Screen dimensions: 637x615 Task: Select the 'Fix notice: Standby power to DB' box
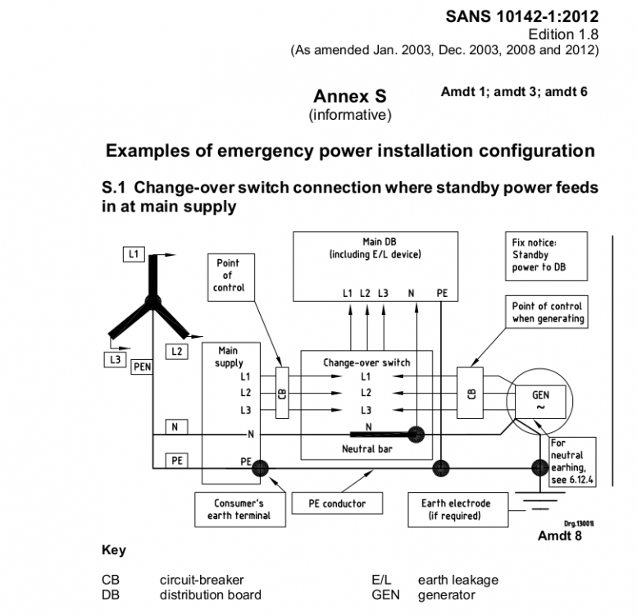pyautogui.click(x=546, y=256)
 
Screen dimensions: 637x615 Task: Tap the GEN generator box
pyautogui.click(x=540, y=401)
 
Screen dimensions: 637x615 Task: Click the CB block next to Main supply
pyautogui.click(x=282, y=393)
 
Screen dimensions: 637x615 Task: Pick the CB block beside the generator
pyautogui.click(x=470, y=393)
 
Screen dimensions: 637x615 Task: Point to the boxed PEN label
pyautogui.click(x=142, y=367)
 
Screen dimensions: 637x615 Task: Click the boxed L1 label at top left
pyautogui.click(x=134, y=254)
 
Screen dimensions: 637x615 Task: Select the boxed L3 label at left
pyautogui.click(x=116, y=359)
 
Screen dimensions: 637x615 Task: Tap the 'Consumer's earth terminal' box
pyautogui.click(x=240, y=509)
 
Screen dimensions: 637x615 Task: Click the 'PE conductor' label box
pyautogui.click(x=337, y=503)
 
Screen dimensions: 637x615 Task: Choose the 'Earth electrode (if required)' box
pyautogui.click(x=457, y=509)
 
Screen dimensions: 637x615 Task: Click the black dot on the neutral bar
pyautogui.click(x=416, y=435)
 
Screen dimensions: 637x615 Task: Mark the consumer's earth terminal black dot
pyautogui.click(x=260, y=468)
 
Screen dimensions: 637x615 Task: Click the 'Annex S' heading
pyautogui.click(x=350, y=96)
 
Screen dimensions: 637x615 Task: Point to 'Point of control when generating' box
pyautogui.click(x=547, y=312)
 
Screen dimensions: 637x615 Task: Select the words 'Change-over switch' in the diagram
pyautogui.click(x=366, y=362)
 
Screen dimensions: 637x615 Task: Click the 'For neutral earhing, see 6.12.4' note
pyautogui.click(x=572, y=462)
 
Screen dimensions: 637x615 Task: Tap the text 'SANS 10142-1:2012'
pyautogui.click(x=522, y=16)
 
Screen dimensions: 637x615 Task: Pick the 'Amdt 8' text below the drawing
pyautogui.click(x=559, y=535)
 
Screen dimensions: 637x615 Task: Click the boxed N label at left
pyautogui.click(x=177, y=427)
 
